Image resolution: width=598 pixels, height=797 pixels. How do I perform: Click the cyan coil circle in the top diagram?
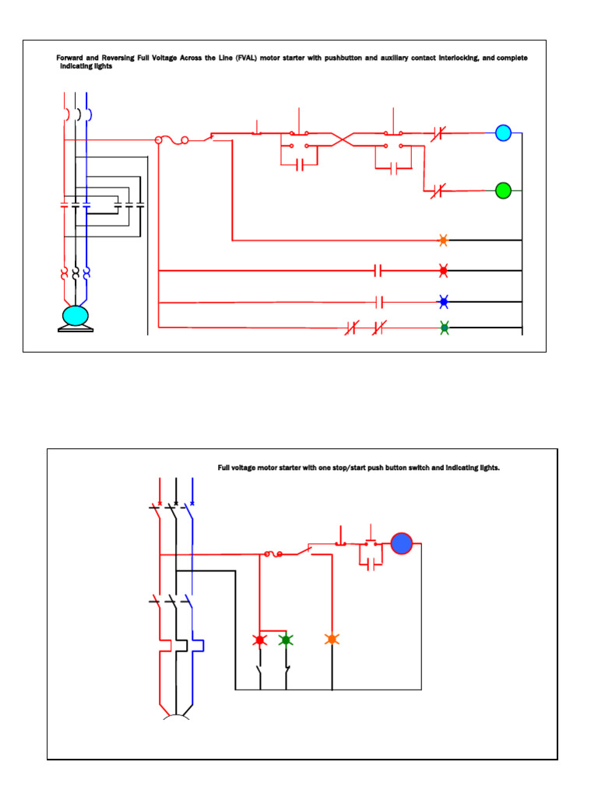(503, 133)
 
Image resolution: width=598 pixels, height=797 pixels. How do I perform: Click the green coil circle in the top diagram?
(503, 190)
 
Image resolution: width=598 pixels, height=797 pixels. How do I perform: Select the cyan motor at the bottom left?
(76, 315)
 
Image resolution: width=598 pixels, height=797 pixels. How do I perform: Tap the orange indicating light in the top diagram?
(443, 241)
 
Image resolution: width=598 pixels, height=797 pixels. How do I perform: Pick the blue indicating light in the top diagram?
(443, 301)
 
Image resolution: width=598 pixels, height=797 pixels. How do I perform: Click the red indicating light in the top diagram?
(443, 271)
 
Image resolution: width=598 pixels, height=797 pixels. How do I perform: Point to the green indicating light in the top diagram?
(444, 328)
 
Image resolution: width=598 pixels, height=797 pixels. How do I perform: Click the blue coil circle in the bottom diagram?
(402, 543)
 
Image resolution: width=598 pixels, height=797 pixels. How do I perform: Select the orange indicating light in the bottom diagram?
(332, 639)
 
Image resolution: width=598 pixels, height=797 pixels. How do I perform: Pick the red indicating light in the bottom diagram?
(259, 639)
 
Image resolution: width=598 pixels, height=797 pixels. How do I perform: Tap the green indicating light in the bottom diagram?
(286, 639)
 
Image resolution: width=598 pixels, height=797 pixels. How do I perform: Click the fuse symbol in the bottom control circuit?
(274, 554)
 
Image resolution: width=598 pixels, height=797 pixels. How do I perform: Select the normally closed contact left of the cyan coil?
(437, 133)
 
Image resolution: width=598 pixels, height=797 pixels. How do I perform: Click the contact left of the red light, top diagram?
(378, 271)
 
